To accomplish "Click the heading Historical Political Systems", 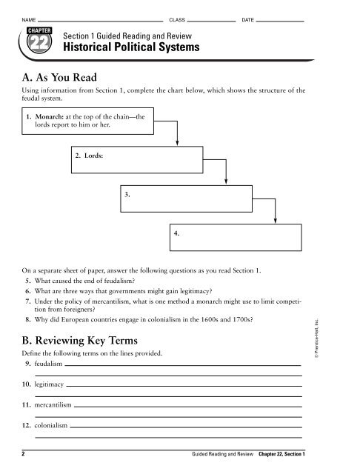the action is tap(132, 48).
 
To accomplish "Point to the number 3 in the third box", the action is tap(128, 194).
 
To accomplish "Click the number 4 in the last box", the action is tap(176, 233).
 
